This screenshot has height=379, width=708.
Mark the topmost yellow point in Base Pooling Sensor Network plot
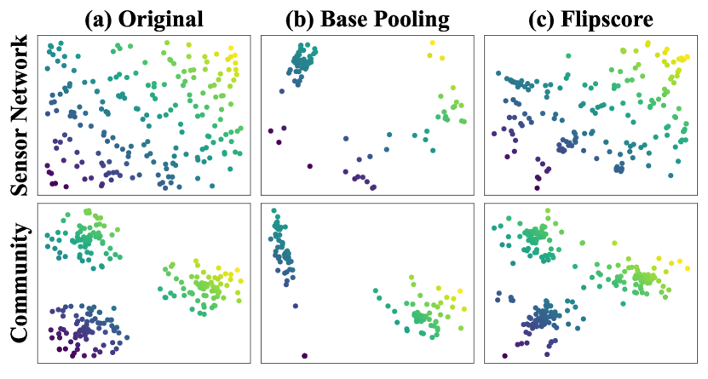point(432,43)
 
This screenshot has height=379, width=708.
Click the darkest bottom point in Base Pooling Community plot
point(304,355)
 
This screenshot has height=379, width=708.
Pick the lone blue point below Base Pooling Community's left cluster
point(295,306)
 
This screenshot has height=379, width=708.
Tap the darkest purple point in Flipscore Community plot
point(504,356)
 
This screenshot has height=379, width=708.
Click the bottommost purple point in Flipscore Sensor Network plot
point(538,188)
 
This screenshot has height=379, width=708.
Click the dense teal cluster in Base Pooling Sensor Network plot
point(300,61)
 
